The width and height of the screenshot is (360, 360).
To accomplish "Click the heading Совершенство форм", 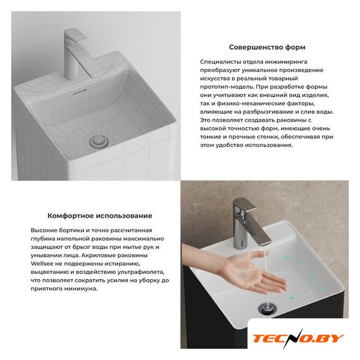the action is coord(267,47).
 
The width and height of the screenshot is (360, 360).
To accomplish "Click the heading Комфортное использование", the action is coord(100,216).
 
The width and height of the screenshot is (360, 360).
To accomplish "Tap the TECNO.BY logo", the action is coord(298,339).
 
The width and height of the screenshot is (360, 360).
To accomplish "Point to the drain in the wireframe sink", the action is coord(99,141).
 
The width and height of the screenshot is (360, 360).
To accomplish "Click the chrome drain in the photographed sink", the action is coord(267,308).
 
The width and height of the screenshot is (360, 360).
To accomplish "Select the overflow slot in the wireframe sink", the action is coord(79,92).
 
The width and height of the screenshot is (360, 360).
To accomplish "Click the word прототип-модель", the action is coord(227,87).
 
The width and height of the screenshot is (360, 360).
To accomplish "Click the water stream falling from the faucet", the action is coord(266,260).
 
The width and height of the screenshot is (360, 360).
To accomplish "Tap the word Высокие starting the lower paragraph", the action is coord(44,230).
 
